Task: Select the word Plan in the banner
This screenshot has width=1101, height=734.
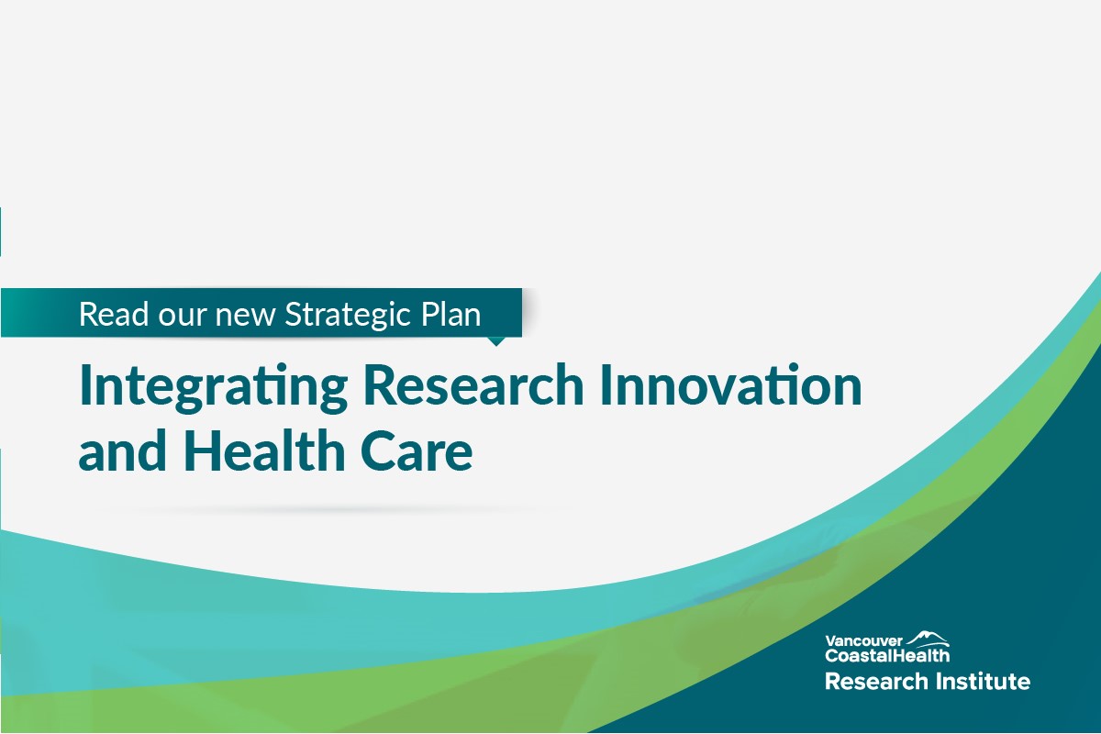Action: tap(450, 315)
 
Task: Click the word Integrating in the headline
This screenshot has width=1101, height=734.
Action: tap(213, 388)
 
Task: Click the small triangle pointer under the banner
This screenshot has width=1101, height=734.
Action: tap(495, 341)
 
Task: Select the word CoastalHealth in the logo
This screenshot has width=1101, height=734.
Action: tap(886, 655)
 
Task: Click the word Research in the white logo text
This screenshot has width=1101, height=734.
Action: tap(867, 682)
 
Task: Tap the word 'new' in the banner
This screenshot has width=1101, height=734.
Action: tap(245, 315)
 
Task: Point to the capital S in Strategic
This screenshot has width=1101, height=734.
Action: tap(294, 315)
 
